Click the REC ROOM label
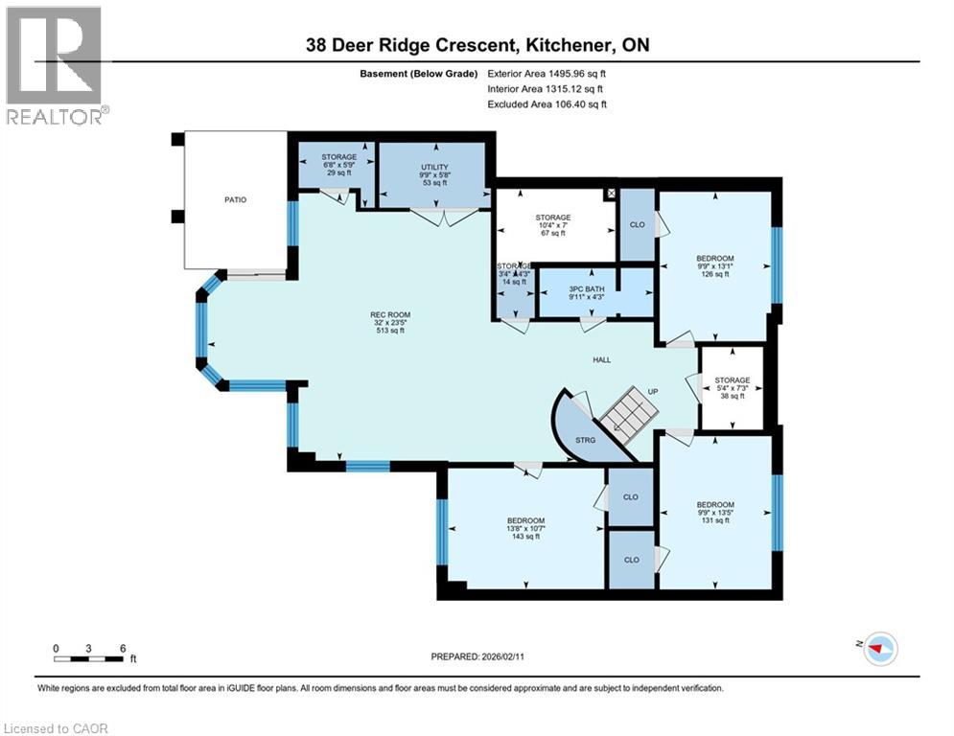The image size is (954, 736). tap(390, 321)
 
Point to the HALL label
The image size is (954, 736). tap(601, 359)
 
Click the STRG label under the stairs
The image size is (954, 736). tap(586, 440)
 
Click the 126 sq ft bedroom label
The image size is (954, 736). tap(714, 265)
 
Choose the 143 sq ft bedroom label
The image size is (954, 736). tap(525, 528)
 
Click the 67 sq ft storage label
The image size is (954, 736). tap(553, 225)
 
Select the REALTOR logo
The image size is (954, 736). tap(55, 65)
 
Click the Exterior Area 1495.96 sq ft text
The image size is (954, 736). tap(547, 73)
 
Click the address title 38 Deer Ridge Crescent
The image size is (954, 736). tap(477, 44)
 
